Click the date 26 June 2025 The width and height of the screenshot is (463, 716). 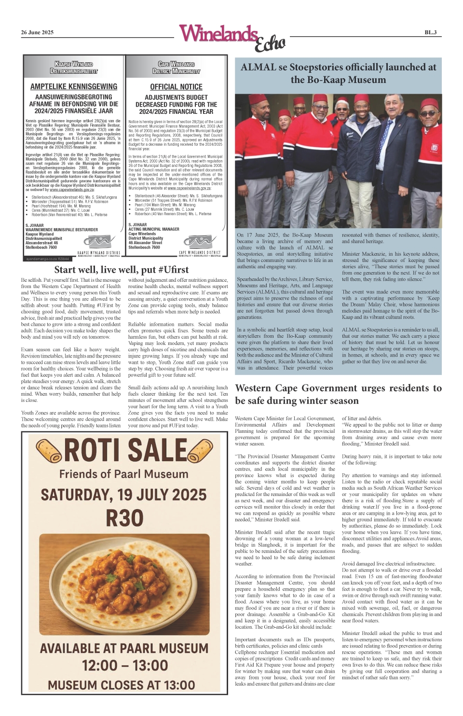coord(37,32)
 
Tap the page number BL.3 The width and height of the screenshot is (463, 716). coord(430,32)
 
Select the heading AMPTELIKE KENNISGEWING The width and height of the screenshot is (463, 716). coord(74,86)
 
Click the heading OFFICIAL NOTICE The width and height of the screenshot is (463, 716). coord(176,87)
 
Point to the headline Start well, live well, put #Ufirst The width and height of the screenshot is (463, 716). coord(122,270)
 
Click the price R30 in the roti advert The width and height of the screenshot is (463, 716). coord(124,518)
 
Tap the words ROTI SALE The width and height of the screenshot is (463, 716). coord(125,450)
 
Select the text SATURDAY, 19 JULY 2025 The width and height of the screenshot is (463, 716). coord(124,495)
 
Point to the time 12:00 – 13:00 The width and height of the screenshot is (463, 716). coord(124,665)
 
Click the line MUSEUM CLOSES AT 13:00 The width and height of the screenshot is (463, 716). coord(121,685)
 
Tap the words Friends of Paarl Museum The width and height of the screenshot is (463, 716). coord(124,474)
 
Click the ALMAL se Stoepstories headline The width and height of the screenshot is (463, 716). coord(338,73)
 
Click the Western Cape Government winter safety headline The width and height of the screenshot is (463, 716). coord(338,394)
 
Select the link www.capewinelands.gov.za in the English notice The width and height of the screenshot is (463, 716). coord(186,188)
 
